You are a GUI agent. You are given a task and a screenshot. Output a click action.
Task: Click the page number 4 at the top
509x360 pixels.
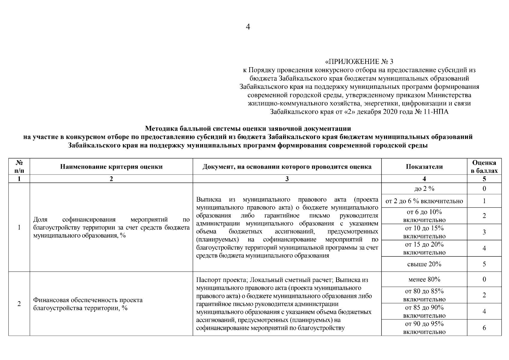(248, 27)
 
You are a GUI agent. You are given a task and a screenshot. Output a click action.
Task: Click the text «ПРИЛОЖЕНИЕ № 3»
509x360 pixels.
(359, 62)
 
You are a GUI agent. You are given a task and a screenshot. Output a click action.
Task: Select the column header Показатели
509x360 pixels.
(424, 167)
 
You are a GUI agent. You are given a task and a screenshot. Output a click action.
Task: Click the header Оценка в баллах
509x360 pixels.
(484, 167)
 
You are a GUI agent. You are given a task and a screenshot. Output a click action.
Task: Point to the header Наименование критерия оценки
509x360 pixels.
(111, 167)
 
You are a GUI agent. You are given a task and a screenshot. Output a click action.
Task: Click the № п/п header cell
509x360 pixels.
(19, 167)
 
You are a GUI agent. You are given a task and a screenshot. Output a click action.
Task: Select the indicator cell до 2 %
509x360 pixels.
(424, 189)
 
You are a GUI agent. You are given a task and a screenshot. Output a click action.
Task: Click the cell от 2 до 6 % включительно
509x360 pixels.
(424, 201)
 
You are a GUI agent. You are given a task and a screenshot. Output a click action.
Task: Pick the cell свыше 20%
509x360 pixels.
(424, 264)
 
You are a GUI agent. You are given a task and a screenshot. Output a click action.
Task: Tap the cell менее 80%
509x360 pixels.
(424, 280)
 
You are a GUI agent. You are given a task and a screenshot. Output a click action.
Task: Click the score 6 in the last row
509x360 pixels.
(484, 328)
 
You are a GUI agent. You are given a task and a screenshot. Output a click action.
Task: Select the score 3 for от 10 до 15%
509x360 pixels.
(484, 232)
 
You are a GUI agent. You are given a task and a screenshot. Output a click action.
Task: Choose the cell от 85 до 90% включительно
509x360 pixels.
(424, 311)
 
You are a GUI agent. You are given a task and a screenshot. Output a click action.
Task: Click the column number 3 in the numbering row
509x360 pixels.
(287, 179)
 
